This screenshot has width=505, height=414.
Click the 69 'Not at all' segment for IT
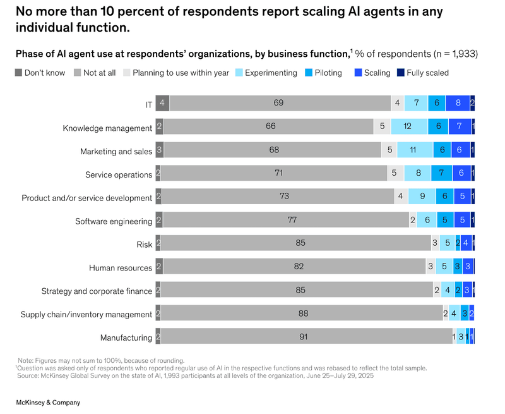pos(279,103)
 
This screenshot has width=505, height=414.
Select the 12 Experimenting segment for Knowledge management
pos(408,126)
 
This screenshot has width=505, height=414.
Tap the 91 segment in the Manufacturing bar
pos(304,337)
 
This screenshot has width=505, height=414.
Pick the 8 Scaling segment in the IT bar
pos(458,103)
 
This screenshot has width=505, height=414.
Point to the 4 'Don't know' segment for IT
pos(162,103)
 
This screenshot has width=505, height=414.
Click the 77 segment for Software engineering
pos(285,221)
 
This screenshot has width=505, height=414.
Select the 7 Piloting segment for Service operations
pos(441,173)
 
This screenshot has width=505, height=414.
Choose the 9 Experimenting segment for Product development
pos(422,197)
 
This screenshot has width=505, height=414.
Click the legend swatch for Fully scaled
pos(400,73)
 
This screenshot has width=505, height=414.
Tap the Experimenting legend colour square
pos(239,73)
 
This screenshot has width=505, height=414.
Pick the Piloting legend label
pos(328,73)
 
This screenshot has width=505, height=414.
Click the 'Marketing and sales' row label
pos(116,152)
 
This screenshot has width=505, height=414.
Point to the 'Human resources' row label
pos(121,268)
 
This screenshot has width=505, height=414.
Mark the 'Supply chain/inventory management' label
pos(86,314)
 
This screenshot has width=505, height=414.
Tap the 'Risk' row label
pos(145,245)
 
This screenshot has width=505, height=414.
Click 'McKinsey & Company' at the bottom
pos(48,403)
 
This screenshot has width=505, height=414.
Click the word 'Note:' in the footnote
pos(27,360)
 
